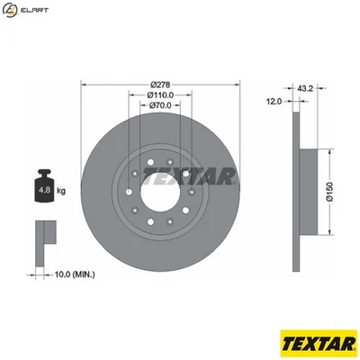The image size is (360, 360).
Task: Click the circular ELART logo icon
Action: pyautogui.click(x=10, y=10)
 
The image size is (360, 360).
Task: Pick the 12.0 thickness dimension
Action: pyautogui.click(x=274, y=100)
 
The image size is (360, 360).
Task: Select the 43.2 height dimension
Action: pyautogui.click(x=304, y=88)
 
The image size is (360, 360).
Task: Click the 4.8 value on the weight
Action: pyautogui.click(x=41, y=190)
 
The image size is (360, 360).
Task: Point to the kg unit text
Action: pyautogui.click(x=61, y=191)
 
